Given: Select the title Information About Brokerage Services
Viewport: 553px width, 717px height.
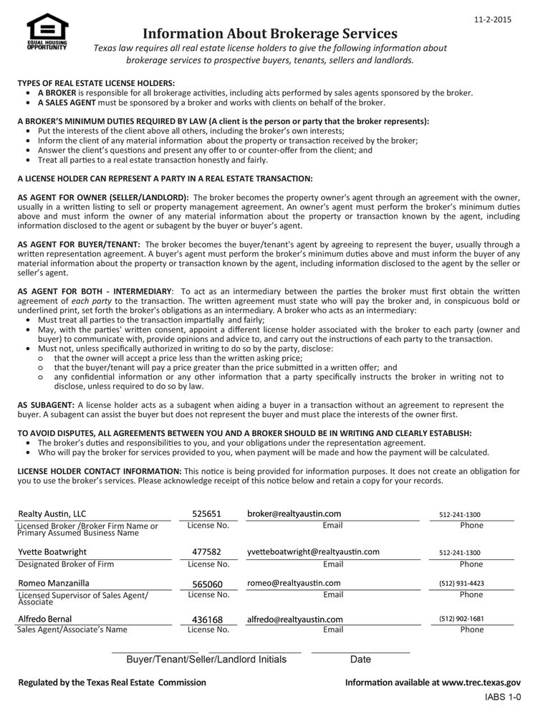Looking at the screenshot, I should click(269, 34).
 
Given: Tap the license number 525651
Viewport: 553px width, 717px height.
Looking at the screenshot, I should click(207, 514).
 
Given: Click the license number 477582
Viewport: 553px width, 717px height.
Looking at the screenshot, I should click(207, 552).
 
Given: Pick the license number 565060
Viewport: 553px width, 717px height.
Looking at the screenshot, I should click(208, 584).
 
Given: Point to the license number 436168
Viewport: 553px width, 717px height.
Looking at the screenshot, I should click(208, 619).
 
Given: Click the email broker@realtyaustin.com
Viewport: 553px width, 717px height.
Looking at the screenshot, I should click(294, 513).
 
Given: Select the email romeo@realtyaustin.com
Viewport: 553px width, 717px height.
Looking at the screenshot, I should click(294, 583).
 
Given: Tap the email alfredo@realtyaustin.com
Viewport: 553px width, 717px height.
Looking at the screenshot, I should click(295, 619).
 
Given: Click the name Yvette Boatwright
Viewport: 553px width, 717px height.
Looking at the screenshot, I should click(52, 552).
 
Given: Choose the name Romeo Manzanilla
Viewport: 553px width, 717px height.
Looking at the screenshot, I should click(54, 583).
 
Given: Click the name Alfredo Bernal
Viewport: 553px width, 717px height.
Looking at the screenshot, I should click(45, 619).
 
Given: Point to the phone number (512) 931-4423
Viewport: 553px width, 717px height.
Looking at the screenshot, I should click(461, 584).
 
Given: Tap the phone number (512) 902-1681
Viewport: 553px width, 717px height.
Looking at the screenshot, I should click(461, 619).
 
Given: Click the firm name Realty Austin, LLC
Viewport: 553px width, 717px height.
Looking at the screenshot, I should click(52, 514).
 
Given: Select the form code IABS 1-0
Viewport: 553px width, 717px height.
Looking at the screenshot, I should click(503, 697).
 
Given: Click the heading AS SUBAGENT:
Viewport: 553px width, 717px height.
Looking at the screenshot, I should click(46, 405).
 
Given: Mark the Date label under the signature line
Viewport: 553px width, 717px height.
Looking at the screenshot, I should click(360, 659).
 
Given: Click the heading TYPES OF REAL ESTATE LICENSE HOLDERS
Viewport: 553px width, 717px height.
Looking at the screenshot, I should click(96, 83).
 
